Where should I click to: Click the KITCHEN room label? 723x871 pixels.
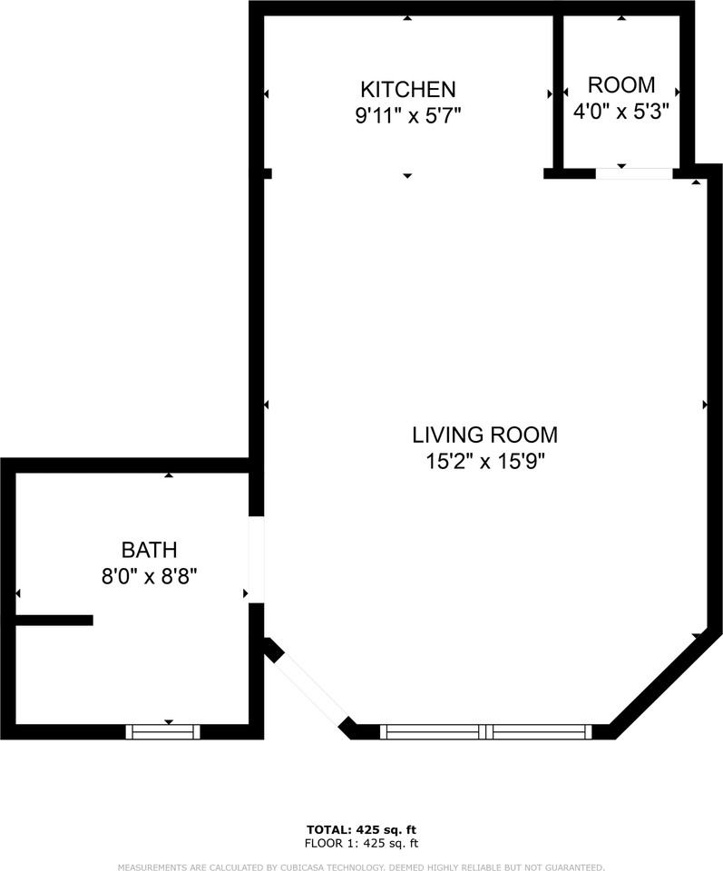(407, 89)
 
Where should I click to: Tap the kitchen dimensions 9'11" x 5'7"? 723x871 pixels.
(407, 116)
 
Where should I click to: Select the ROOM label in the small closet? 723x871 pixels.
(621, 85)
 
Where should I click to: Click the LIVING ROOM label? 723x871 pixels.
(484, 435)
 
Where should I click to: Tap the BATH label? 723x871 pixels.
(149, 549)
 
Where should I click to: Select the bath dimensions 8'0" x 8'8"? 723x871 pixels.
(149, 575)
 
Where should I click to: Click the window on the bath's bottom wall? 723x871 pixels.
(163, 731)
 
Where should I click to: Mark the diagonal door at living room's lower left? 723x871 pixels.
(311, 689)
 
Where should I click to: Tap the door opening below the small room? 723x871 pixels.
(634, 173)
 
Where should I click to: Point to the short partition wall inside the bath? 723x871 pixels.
(54, 621)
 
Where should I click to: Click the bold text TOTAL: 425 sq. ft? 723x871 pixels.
(361, 829)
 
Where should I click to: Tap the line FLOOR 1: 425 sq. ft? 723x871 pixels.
(361, 843)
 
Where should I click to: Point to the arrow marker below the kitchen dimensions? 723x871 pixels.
(407, 175)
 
